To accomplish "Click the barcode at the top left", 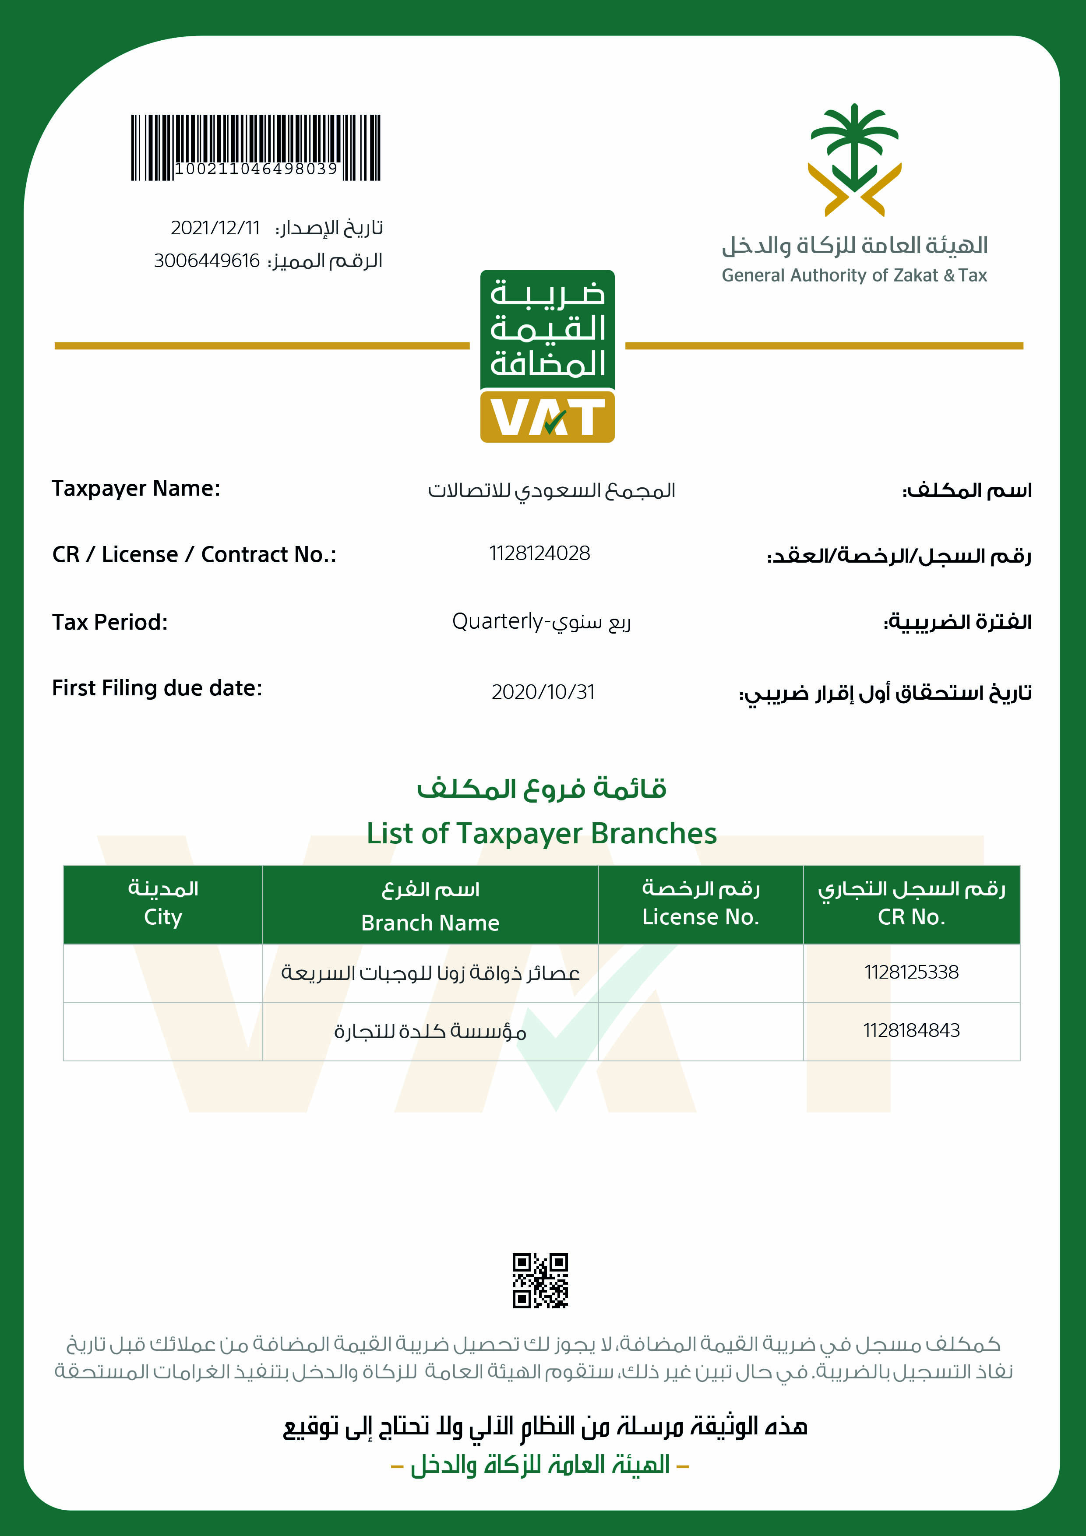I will pyautogui.click(x=256, y=147).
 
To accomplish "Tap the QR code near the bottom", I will pyautogui.click(x=540, y=1280).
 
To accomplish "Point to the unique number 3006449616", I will pyautogui.click(x=207, y=260).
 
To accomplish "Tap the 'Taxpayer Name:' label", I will pyautogui.click(x=136, y=488).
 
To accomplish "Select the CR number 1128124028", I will pyautogui.click(x=539, y=553).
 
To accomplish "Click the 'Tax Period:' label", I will pyautogui.click(x=110, y=622).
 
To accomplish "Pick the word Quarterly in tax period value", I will pyautogui.click(x=497, y=621).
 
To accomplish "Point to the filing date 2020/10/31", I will pyautogui.click(x=543, y=692).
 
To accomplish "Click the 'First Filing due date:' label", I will pyautogui.click(x=157, y=688).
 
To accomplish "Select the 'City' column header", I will pyautogui.click(x=162, y=916).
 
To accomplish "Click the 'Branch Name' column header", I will pyautogui.click(x=430, y=923).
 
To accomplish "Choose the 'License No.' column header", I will pyautogui.click(x=701, y=916).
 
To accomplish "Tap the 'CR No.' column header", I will pyautogui.click(x=911, y=916).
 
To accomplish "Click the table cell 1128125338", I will pyautogui.click(x=911, y=972).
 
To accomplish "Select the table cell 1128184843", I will pyautogui.click(x=911, y=1030).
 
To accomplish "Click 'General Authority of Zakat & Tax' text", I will pyautogui.click(x=854, y=275).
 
